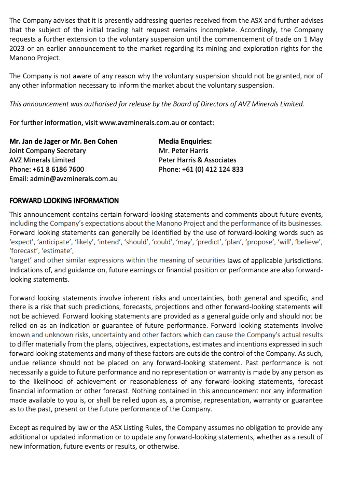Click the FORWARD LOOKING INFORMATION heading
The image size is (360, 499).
(64, 201)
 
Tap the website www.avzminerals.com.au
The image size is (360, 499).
(139, 123)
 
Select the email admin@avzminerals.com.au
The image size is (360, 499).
(73, 178)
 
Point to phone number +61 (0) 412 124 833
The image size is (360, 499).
(213, 169)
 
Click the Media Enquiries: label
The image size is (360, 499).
(185, 141)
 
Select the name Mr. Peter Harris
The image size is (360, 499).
(184, 150)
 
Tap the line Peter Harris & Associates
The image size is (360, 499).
(197, 160)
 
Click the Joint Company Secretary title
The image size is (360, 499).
(48, 150)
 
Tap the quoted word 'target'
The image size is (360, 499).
(20, 260)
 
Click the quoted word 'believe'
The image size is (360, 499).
(309, 242)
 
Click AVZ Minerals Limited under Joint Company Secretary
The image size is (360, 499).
(42, 160)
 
